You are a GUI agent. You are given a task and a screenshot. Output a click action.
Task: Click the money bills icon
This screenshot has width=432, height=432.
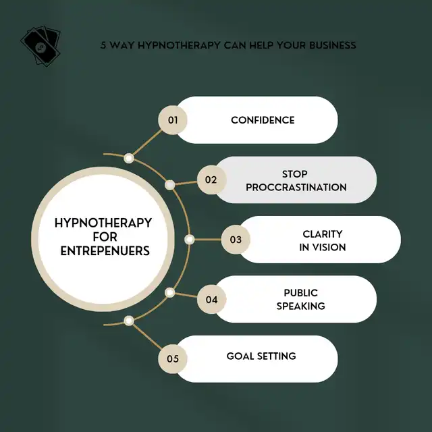[x=40, y=46]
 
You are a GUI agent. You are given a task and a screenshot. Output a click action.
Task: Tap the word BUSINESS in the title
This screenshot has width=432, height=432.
[x=332, y=45]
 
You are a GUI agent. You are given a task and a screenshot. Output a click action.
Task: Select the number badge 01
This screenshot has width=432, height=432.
[x=173, y=120]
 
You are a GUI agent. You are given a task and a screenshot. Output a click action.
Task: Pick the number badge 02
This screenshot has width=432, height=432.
[x=211, y=180]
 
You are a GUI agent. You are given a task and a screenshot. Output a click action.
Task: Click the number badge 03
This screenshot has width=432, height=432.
[x=236, y=240]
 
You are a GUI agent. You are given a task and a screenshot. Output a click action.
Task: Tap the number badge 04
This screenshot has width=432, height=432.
[x=211, y=300]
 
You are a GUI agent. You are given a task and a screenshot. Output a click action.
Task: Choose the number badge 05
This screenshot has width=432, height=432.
[x=173, y=359]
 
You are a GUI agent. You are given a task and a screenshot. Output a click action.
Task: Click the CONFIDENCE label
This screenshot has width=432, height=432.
[x=263, y=120]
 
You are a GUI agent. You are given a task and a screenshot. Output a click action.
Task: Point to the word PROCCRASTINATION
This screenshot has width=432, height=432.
[x=296, y=188]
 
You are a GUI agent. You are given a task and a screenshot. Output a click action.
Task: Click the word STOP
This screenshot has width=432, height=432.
[x=294, y=174]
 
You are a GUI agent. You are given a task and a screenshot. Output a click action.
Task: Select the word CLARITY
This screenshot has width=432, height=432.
[x=323, y=234]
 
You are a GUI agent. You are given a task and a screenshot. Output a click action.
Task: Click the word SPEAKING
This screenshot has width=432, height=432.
[x=300, y=306]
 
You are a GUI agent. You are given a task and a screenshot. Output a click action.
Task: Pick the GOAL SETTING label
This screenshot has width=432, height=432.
[x=261, y=356]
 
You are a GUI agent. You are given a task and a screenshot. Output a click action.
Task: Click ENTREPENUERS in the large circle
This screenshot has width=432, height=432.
[x=105, y=251]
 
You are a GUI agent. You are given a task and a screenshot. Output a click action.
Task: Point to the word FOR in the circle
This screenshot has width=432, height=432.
[x=105, y=237]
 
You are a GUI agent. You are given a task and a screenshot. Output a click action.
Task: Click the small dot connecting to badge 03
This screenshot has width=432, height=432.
[x=189, y=240]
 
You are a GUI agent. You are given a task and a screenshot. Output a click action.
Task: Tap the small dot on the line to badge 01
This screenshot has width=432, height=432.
[x=129, y=158]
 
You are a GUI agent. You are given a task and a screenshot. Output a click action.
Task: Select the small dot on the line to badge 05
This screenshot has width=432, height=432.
[x=129, y=321]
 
